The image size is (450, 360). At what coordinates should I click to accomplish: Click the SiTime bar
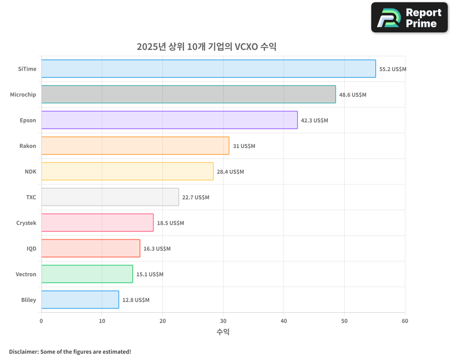(208, 69)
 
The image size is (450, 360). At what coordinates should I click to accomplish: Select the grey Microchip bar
(189, 94)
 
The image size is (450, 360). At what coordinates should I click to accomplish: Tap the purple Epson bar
(169, 120)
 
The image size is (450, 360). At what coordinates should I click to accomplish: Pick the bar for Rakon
(135, 146)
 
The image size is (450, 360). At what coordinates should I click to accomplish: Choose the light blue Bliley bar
(80, 300)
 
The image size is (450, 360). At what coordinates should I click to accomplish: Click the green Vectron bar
(87, 274)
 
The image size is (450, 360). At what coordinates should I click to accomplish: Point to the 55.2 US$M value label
(393, 69)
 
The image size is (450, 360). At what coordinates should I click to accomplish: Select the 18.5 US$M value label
(171, 223)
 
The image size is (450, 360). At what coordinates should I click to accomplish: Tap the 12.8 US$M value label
(136, 300)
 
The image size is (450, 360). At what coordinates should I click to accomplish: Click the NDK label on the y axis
(31, 171)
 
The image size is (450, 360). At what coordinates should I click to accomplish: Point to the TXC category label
(31, 197)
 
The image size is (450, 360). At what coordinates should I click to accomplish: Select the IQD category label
(31, 248)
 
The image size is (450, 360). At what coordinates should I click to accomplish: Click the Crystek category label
(26, 223)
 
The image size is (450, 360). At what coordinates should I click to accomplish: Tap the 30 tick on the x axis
(223, 321)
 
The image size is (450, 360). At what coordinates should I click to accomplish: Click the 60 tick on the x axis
(405, 321)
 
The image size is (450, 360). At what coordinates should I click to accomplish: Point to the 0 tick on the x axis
(41, 321)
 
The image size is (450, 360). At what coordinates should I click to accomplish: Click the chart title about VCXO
(207, 47)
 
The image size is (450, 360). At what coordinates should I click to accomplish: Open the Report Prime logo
(409, 18)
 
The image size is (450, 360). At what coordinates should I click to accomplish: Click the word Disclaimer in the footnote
(23, 351)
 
